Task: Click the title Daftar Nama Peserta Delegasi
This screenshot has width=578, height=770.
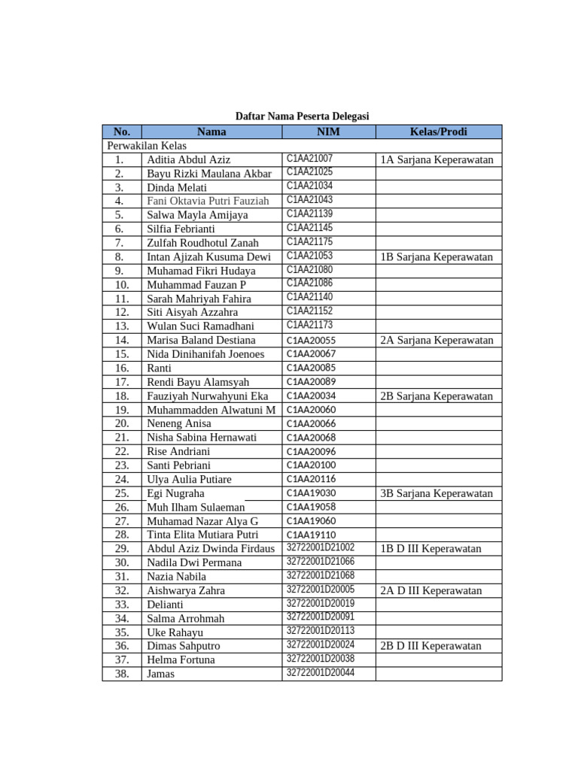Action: click(302, 117)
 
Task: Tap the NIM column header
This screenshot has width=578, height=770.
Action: click(328, 132)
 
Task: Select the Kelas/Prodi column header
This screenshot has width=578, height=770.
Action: click(438, 132)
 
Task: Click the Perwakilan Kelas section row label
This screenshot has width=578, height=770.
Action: click(147, 145)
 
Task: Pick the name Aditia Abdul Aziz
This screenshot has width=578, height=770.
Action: click(188, 159)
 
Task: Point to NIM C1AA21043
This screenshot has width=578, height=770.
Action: click(309, 200)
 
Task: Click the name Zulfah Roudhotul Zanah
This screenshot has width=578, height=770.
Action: click(202, 243)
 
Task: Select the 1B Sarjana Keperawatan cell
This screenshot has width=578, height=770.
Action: click(437, 257)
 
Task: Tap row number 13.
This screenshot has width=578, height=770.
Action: click(122, 326)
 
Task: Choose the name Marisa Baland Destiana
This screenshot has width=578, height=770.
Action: click(201, 341)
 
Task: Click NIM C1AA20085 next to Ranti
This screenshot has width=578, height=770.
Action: click(311, 368)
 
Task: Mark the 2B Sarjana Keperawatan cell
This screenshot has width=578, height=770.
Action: click(437, 396)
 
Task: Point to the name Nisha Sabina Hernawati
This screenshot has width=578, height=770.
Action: click(202, 438)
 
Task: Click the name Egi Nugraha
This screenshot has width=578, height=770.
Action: click(175, 493)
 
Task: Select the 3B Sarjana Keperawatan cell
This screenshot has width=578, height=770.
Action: click(437, 493)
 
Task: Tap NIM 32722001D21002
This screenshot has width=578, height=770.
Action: click(320, 548)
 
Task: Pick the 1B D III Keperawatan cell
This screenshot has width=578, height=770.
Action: click(430, 549)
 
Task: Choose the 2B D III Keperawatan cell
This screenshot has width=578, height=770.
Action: click(430, 646)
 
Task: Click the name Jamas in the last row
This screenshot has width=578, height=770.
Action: click(160, 674)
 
